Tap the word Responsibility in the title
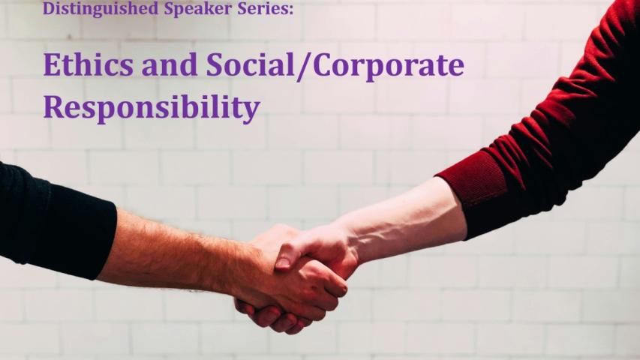151,109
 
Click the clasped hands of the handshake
293,270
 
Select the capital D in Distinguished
49,8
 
